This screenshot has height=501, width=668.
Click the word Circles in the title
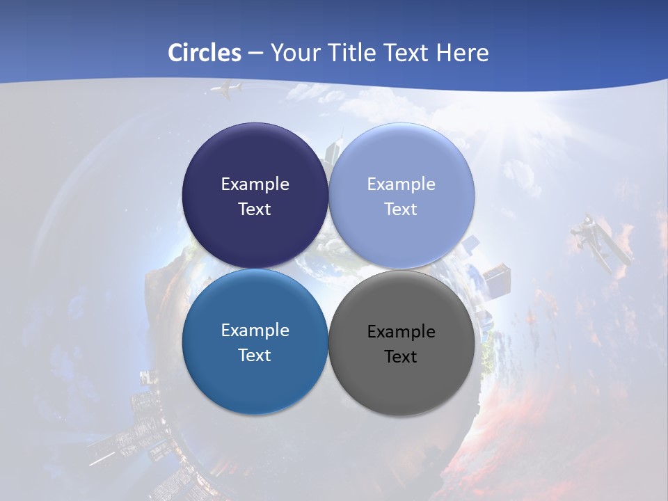[205, 53]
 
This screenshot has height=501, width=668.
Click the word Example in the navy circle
[255, 184]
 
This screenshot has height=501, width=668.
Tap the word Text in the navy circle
[255, 209]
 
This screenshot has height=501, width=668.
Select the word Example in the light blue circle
[401, 184]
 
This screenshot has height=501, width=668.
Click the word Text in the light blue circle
[401, 209]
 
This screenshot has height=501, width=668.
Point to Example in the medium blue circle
[255, 331]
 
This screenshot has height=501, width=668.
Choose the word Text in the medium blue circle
[255, 356]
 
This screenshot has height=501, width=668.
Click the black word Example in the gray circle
[401, 332]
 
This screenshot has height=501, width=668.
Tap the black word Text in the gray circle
[401, 357]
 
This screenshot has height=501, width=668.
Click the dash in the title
[255, 54]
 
